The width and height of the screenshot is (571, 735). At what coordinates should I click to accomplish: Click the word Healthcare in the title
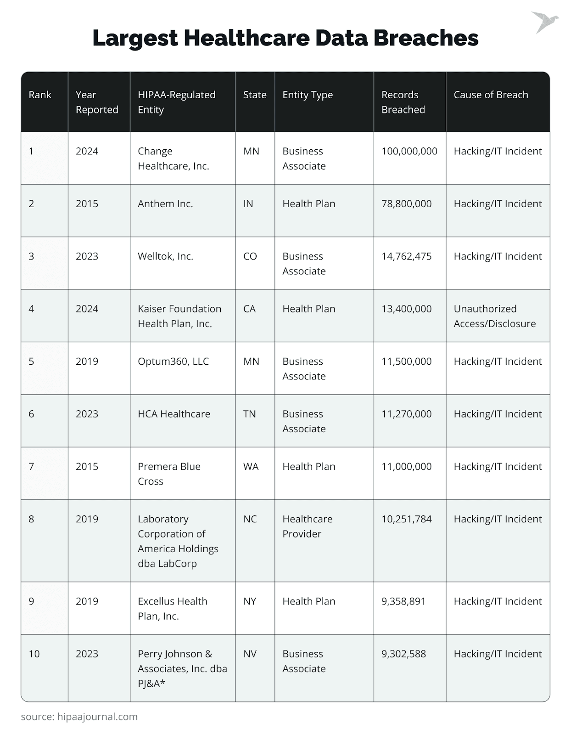246,38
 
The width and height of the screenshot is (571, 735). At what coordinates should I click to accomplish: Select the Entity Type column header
308,95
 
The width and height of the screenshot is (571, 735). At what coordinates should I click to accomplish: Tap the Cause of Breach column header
491,95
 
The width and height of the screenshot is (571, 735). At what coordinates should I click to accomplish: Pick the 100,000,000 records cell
409,151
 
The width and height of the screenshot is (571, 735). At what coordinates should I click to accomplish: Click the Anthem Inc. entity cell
165,204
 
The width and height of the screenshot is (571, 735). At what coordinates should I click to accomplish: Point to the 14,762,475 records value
406,256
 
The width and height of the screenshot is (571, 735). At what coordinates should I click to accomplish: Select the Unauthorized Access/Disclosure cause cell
494,316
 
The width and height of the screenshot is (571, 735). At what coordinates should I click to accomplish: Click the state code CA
249,309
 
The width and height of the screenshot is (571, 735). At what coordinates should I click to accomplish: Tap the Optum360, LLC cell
173,362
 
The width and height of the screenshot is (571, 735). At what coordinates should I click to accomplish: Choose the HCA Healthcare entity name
174,414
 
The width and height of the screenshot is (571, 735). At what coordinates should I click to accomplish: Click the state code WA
251,467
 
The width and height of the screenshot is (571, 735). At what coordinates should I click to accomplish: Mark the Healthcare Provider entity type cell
307,526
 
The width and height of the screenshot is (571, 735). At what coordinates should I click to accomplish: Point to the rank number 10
34,654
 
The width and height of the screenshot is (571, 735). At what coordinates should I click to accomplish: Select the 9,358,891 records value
403,601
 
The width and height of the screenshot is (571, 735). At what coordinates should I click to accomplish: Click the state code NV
250,654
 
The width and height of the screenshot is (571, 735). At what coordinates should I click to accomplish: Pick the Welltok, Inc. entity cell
165,256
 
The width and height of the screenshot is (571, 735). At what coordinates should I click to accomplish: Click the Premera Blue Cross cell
169,474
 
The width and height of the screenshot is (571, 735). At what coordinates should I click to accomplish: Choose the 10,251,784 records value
406,519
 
